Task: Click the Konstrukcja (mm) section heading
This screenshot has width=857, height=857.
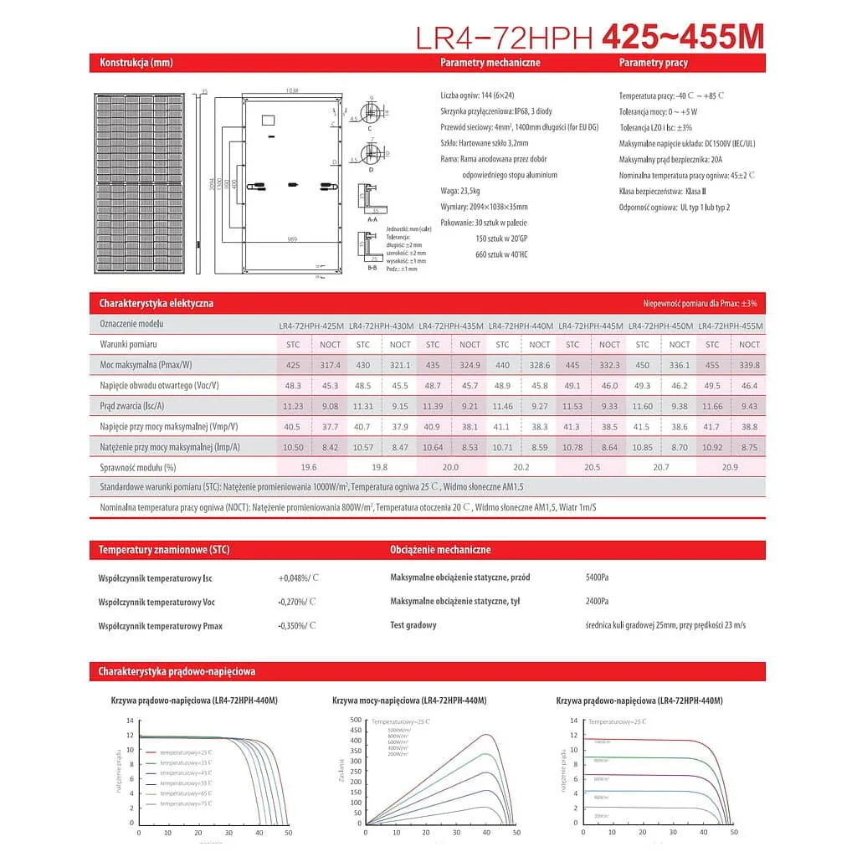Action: pyautogui.click(x=136, y=63)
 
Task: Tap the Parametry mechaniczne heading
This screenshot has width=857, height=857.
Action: pyautogui.click(x=490, y=63)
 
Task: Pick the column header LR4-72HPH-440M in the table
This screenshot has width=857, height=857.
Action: pyautogui.click(x=521, y=326)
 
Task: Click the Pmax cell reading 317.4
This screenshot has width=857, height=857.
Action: pyautogui.click(x=330, y=365)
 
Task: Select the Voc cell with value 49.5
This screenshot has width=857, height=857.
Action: pyautogui.click(x=712, y=386)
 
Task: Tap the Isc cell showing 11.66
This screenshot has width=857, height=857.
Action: pyautogui.click(x=712, y=406)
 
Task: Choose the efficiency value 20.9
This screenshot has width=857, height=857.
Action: pyautogui.click(x=730, y=467)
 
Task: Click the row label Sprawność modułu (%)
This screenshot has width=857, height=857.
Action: pyautogui.click(x=138, y=467)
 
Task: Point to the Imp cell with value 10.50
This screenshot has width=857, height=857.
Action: pyautogui.click(x=292, y=447)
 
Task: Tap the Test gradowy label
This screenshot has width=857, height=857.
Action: pyautogui.click(x=413, y=625)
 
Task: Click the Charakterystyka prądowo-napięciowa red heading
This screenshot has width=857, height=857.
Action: pyautogui.click(x=177, y=671)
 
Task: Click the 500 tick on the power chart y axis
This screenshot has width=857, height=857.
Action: pyautogui.click(x=357, y=720)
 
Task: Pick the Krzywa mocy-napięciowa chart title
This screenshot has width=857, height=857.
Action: pyautogui.click(x=409, y=700)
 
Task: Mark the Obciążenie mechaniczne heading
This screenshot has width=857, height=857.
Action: pyautogui.click(x=440, y=550)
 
